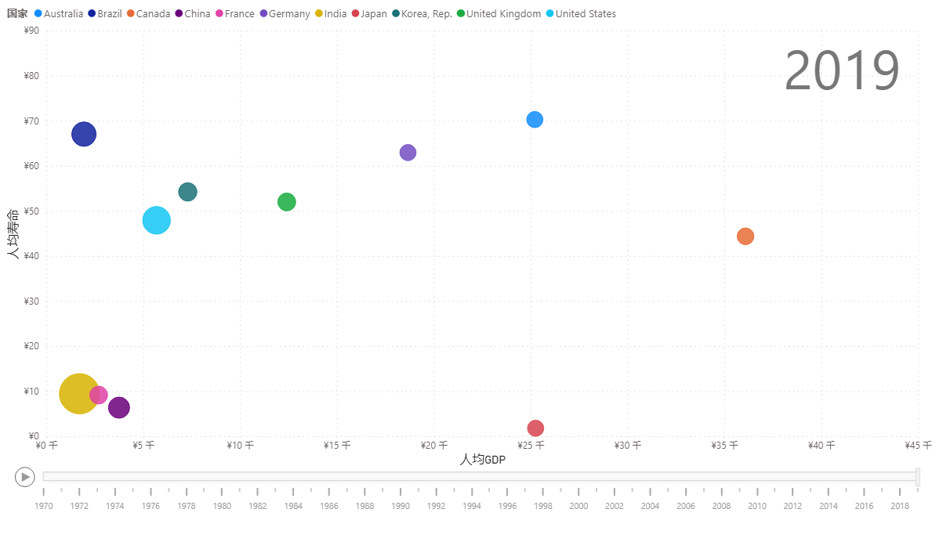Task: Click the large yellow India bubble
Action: (78, 394)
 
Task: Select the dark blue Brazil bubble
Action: (84, 134)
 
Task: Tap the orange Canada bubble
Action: (745, 236)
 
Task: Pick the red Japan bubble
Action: (535, 428)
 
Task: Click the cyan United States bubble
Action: (157, 220)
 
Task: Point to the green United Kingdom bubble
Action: (287, 202)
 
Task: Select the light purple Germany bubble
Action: (408, 152)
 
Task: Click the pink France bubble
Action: (99, 395)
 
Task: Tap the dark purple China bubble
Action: (118, 407)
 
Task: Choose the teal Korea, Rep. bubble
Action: (187, 192)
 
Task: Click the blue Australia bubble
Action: (535, 119)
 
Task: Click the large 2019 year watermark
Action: (842, 71)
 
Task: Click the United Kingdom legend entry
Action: (503, 14)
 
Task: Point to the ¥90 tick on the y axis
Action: (32, 31)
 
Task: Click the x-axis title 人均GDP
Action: (483, 460)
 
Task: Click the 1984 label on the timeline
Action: (293, 506)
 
